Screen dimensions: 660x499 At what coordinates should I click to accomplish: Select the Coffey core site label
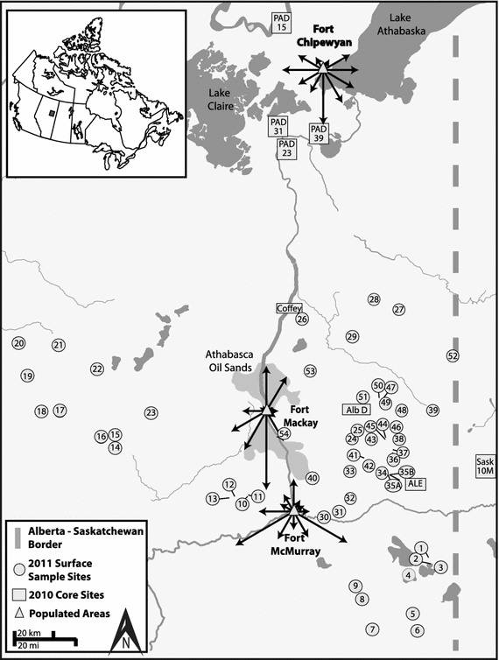288,308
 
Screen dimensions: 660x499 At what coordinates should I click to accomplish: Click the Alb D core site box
356,410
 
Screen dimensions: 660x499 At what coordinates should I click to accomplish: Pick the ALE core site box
415,482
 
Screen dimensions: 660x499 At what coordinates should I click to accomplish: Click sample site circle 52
453,355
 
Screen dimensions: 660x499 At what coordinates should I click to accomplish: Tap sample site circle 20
19,344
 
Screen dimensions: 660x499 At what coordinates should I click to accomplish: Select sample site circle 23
151,412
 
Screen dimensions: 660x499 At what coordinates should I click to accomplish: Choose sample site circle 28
374,300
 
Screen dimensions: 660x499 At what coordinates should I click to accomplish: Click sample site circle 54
284,433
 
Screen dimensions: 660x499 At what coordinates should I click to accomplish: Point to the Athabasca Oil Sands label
228,362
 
